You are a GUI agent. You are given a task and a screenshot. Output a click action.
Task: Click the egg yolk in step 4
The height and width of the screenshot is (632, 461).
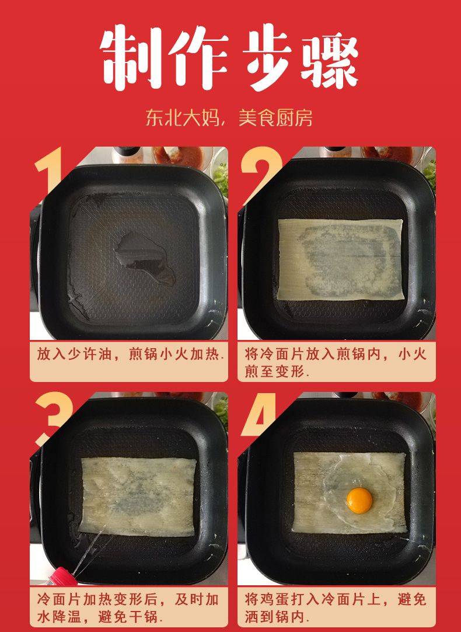coord(359,501)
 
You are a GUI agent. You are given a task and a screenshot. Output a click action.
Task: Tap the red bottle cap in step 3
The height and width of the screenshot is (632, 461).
coord(60,575)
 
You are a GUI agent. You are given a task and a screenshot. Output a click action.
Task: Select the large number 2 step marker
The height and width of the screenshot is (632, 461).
coord(261,173)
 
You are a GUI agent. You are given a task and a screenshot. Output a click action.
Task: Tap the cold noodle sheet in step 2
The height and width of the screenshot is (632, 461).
coord(340,259)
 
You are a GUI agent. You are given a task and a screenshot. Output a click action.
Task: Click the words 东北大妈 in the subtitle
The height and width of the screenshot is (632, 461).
coord(183,118)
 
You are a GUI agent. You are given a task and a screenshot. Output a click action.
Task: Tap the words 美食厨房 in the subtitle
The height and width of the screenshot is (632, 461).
coord(275,118)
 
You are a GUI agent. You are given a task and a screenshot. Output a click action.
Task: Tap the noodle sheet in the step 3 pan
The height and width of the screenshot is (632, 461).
coord(138,496)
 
